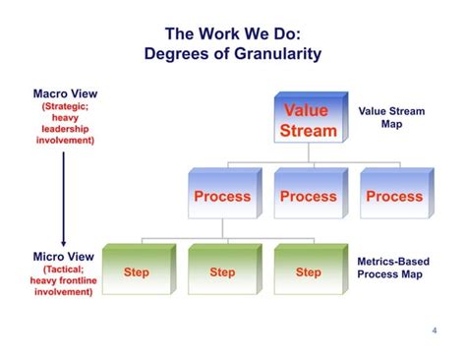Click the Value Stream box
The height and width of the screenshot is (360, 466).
point(308,119)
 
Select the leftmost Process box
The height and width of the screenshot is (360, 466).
point(222,196)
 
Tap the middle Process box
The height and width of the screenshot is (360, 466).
point(308,196)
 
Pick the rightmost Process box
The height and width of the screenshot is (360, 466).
point(394,196)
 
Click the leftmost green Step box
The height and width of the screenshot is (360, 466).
point(137,272)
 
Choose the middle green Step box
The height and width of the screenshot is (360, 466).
point(222,272)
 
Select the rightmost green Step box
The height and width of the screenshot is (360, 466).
point(308,272)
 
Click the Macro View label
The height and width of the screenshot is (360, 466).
point(63,93)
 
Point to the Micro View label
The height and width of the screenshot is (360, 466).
point(63,256)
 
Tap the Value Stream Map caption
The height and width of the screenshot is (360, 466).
point(391,118)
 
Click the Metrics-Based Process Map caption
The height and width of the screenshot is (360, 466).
point(391,270)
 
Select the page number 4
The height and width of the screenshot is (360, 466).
point(434,330)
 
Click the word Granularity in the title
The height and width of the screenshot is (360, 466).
point(273,53)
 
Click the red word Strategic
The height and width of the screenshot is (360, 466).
point(65,106)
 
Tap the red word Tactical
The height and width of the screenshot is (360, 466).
point(63,269)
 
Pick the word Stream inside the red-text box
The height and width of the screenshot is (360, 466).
point(308,131)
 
